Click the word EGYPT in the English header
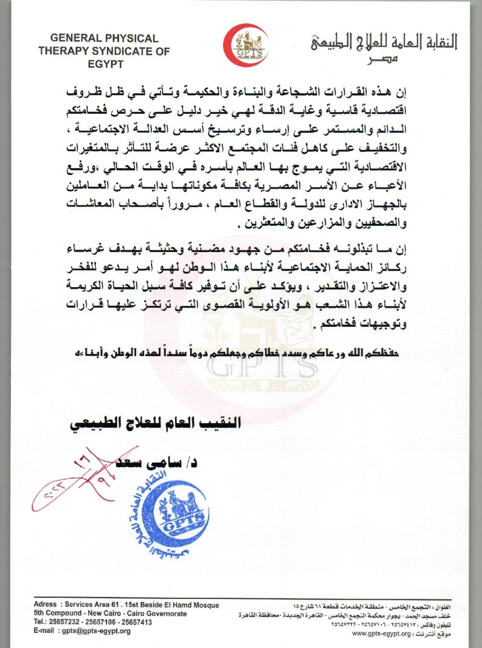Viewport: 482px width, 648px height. [105, 64]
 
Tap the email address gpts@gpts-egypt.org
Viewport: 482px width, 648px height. [96, 631]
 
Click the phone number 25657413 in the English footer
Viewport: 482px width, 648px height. [137, 622]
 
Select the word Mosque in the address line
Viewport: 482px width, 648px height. [206, 605]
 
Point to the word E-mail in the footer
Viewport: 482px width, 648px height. [44, 631]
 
